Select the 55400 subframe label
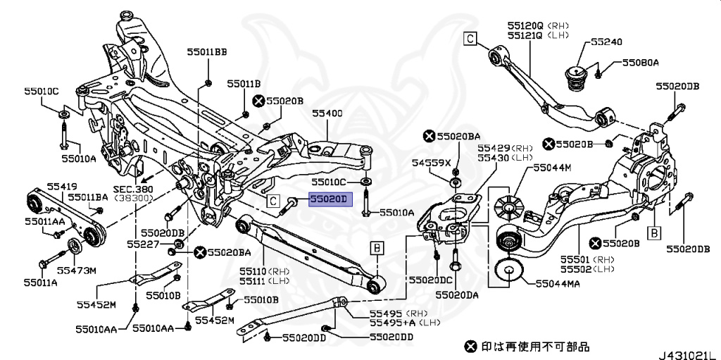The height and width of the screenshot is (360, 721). click(327, 113)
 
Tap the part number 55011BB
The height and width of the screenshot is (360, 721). click(207, 51)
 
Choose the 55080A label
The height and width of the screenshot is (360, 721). click(639, 63)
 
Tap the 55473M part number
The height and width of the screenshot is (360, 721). click(76, 270)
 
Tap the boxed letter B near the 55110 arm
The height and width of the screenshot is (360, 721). click(377, 247)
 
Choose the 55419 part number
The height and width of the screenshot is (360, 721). click(62, 187)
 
